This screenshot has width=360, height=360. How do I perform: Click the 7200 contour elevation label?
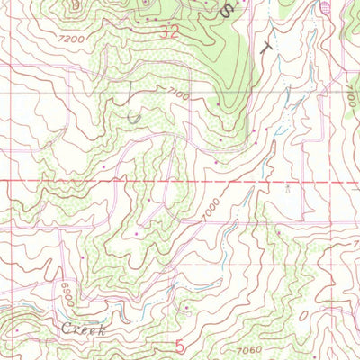tap(67, 40)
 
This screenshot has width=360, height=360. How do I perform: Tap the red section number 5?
tap(180, 345)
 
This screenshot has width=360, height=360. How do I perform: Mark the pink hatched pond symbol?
tap(326, 8)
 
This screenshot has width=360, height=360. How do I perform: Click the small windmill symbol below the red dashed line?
tap(286, 190)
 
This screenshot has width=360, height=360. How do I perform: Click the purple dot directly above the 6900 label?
tap(82, 257)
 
